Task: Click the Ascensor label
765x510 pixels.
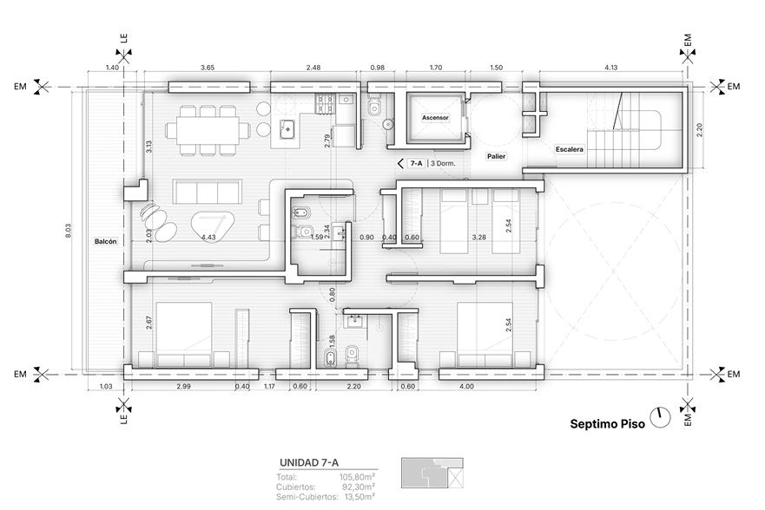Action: [x=435, y=117]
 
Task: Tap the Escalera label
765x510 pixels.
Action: [x=570, y=149]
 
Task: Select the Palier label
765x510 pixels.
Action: [x=496, y=156]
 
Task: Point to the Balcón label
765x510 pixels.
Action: [x=106, y=242]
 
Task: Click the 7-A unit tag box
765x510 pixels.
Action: [x=416, y=164]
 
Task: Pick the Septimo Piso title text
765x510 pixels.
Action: [x=608, y=424]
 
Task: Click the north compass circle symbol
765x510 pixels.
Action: [x=661, y=417]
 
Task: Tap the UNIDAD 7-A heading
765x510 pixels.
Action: [x=308, y=463]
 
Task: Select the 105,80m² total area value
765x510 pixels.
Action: [x=357, y=477]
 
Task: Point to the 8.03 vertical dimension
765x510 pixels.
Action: [x=68, y=231]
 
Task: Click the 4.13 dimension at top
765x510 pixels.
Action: [x=610, y=68]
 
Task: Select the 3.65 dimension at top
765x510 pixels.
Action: [x=208, y=68]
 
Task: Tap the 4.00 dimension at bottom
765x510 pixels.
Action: [x=466, y=386]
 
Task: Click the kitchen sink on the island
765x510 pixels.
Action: [x=287, y=129]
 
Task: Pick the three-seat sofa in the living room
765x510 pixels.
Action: [x=208, y=192]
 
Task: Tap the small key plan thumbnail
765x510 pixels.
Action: [x=432, y=473]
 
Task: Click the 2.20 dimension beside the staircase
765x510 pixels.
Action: [x=699, y=129]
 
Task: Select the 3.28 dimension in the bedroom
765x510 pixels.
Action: [x=479, y=238]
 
